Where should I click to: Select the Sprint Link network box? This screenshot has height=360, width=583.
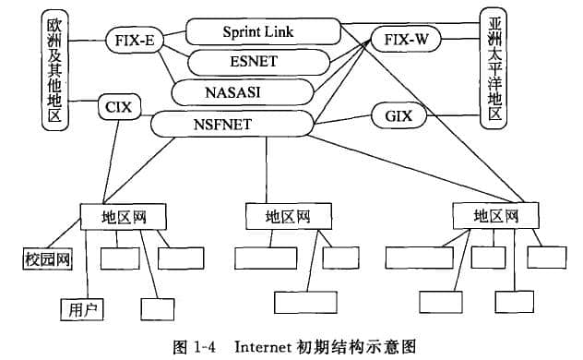click(x=257, y=32)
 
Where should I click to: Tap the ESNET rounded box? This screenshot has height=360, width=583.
click(x=259, y=63)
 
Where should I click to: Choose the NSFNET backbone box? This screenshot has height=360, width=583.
click(x=232, y=122)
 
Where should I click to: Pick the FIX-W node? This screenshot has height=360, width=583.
click(x=407, y=41)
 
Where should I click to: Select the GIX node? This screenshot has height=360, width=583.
click(x=399, y=116)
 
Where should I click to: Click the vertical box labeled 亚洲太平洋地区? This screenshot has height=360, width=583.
click(x=495, y=66)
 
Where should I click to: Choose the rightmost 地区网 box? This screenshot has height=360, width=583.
click(x=494, y=216)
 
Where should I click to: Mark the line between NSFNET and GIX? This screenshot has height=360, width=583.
click(x=342, y=119)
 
